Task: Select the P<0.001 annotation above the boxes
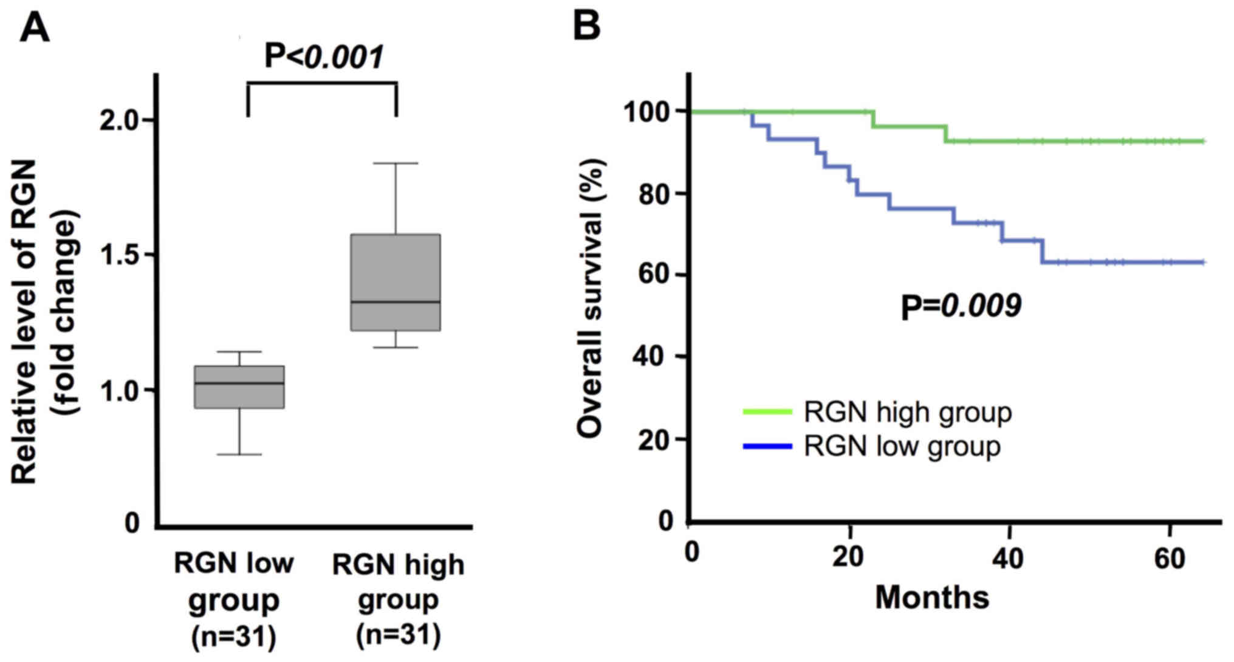[324, 57]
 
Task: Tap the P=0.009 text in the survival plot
[961, 306]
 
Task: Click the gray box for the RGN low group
[239, 387]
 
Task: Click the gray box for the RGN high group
[396, 282]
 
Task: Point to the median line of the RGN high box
[396, 302]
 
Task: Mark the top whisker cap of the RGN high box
[396, 164]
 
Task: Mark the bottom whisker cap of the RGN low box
[239, 454]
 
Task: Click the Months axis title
[932, 597]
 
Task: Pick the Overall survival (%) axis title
[590, 298]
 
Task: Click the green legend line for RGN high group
[767, 412]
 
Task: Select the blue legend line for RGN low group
[767, 447]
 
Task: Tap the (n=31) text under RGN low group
[234, 637]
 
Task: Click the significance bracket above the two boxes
[322, 84]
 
